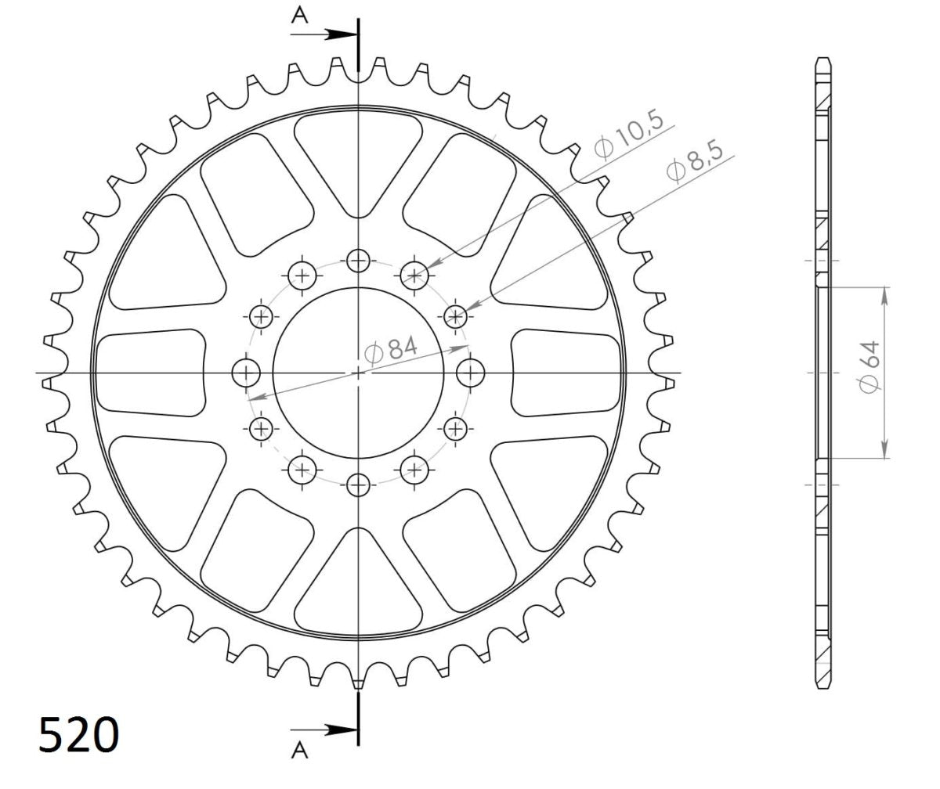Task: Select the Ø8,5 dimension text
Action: click(x=695, y=161)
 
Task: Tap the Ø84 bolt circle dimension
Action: click(x=390, y=350)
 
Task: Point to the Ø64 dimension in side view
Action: click(x=869, y=367)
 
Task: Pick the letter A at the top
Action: click(x=299, y=16)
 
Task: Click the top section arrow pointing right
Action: click(x=324, y=34)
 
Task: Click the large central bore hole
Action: click(x=358, y=373)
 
